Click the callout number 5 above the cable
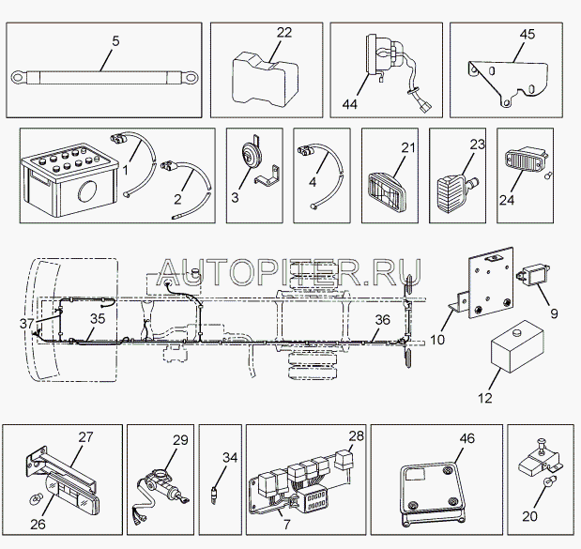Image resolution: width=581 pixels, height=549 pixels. coord(115,41)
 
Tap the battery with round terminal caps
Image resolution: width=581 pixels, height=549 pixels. coord(69,179)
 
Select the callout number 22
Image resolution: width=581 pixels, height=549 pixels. coord(284,33)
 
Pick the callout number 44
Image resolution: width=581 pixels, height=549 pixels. coord(350,104)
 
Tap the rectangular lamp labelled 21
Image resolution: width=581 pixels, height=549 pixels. coord(388,193)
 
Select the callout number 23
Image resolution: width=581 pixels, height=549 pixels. coord(477,145)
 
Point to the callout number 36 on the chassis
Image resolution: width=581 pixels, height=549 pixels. coord(382,320)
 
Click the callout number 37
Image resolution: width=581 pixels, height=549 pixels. coord(26,324)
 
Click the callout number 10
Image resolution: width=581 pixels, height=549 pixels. coord(437,340)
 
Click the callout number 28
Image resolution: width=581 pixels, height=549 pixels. coord(356,435)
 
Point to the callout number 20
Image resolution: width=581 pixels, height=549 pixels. coord(529,515)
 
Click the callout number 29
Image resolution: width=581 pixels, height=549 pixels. coord(180,440)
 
